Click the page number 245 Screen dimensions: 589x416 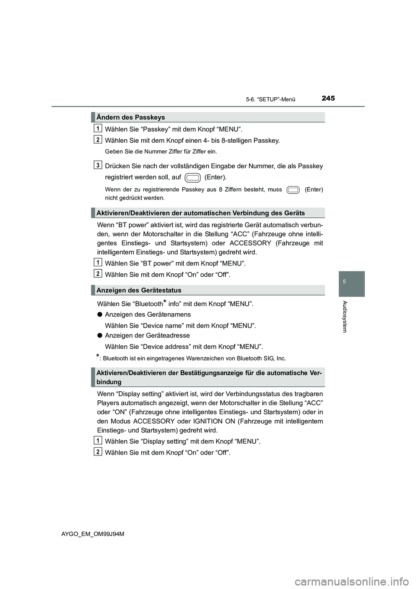[x=328, y=98]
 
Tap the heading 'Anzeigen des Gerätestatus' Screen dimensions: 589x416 [x=139, y=290]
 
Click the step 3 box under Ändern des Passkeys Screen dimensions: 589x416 [x=99, y=165]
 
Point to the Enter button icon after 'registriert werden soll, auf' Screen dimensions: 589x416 [x=193, y=177]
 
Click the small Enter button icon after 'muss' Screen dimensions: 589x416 [x=293, y=190]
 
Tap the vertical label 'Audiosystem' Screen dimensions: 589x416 [x=345, y=317]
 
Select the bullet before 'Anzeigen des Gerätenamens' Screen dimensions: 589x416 [x=100, y=314]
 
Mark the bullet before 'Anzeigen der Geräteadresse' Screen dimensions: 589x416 [x=100, y=335]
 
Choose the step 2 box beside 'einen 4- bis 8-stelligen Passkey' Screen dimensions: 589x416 [x=99, y=139]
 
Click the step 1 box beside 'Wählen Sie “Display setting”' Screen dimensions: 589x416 [x=99, y=440]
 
